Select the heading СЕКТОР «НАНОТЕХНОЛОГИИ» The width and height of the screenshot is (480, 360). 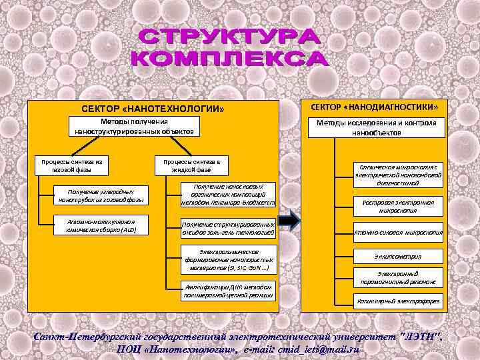153,108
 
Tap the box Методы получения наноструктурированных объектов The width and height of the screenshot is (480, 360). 134,127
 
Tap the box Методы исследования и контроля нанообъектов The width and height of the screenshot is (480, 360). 377,128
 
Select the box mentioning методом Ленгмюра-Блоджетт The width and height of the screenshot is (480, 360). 228,194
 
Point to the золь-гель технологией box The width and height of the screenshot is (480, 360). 228,228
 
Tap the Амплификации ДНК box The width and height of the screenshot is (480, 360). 228,291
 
